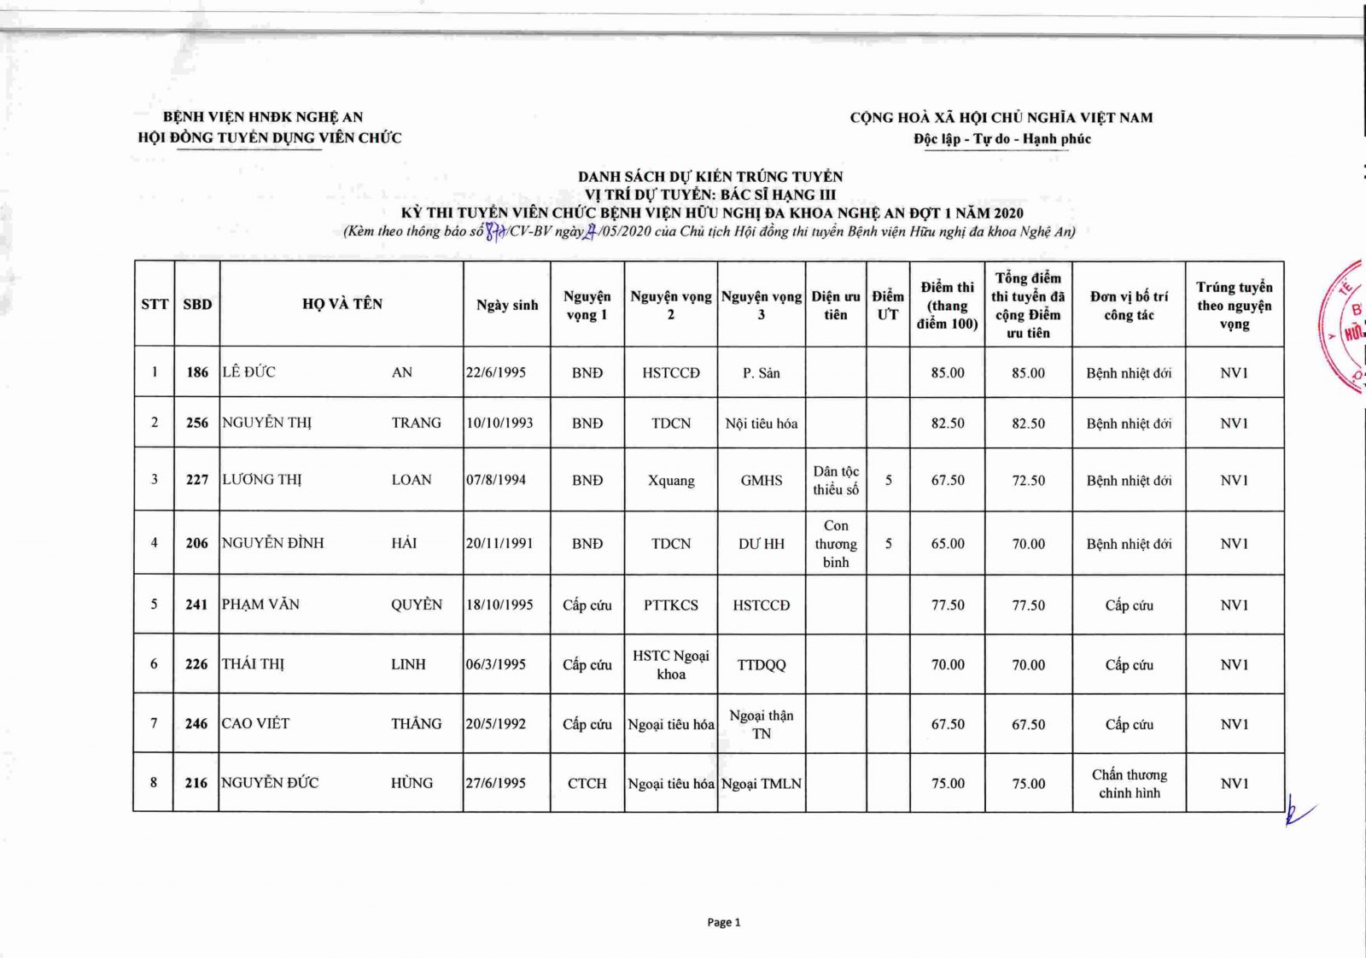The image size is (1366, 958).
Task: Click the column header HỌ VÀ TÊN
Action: coord(341,304)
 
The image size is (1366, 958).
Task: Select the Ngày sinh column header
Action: coord(507,305)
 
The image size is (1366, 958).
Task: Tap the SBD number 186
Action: coord(197,372)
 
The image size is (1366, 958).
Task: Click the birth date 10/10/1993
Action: coord(499,423)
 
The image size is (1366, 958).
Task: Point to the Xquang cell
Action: coord(671,481)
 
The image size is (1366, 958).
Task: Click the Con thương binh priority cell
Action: coord(836,544)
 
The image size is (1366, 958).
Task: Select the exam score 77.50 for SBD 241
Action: coord(948,605)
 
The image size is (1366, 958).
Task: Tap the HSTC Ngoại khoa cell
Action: coord(671,665)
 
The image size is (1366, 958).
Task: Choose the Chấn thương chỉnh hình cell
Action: coord(1129,784)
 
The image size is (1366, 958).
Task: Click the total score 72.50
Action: coord(1028,481)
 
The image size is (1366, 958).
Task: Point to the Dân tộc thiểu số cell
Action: coord(836,481)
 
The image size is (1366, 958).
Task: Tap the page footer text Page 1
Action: coord(724,922)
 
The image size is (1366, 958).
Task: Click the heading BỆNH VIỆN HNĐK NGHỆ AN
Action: coord(263,117)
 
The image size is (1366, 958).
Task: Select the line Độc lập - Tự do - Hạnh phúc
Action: coord(1001,138)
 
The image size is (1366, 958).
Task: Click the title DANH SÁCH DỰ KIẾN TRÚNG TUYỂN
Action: coord(710,177)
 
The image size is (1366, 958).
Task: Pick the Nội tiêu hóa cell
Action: coord(762,424)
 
